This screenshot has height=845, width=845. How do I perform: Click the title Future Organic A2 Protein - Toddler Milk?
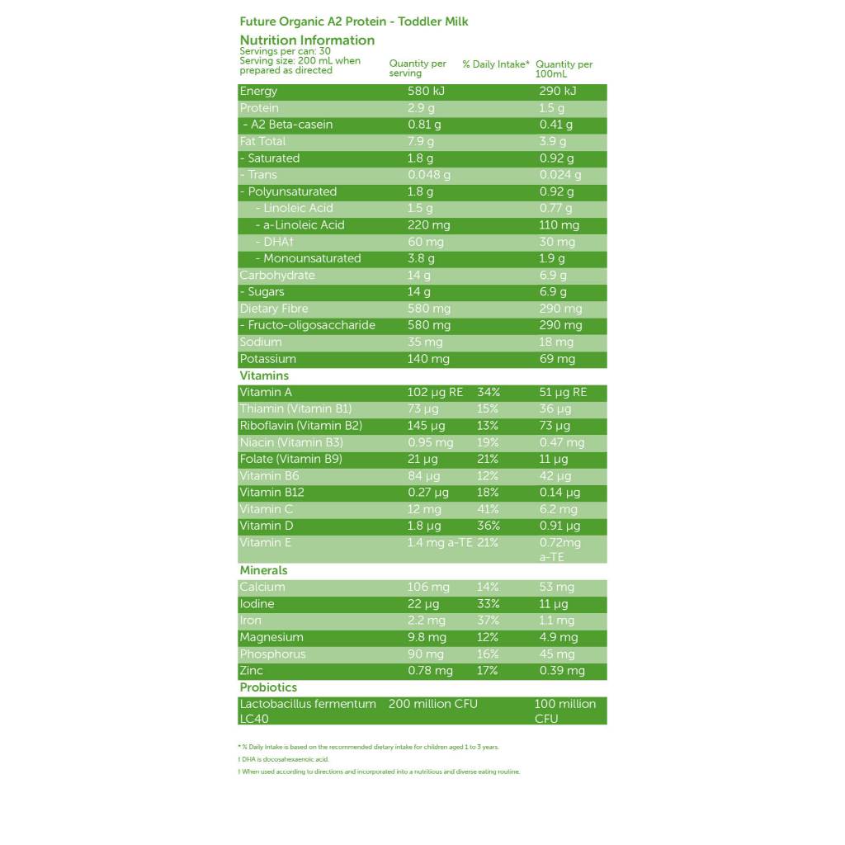[x=353, y=21]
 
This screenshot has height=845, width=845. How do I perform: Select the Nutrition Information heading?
[x=307, y=40]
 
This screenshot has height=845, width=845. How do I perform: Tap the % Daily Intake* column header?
[x=495, y=64]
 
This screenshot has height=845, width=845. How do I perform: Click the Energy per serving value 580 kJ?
[x=426, y=92]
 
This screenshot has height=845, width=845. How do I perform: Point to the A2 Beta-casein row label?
[x=288, y=125]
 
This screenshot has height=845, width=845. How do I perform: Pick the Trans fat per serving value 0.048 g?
[x=429, y=175]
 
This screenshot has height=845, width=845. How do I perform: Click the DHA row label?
[x=278, y=242]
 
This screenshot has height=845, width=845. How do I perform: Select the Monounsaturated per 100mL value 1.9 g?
[x=553, y=258]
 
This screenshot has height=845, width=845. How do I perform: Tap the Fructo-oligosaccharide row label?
[x=307, y=325]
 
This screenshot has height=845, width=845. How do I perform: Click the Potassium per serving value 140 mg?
[x=428, y=359]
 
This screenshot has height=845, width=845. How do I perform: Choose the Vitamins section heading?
[x=264, y=375]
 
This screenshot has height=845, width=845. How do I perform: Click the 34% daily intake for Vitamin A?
[x=489, y=393]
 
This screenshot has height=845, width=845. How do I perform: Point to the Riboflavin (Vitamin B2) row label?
[x=301, y=426]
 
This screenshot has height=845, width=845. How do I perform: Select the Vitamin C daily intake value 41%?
[x=488, y=509]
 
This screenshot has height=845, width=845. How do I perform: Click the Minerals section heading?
[x=263, y=570]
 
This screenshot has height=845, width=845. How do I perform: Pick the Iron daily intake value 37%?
[x=488, y=621]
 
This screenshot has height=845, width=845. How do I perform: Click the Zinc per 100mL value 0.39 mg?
[x=562, y=671]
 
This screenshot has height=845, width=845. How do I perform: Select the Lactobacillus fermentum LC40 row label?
[x=307, y=710]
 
